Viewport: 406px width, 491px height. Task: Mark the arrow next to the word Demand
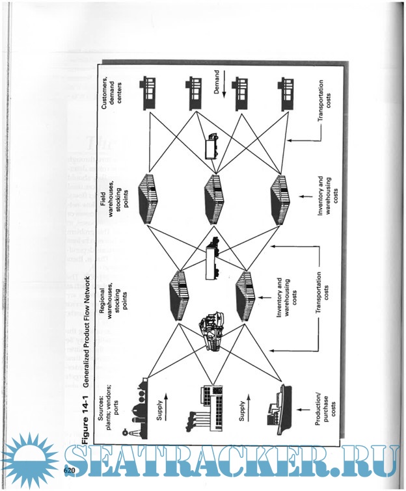(224, 86)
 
